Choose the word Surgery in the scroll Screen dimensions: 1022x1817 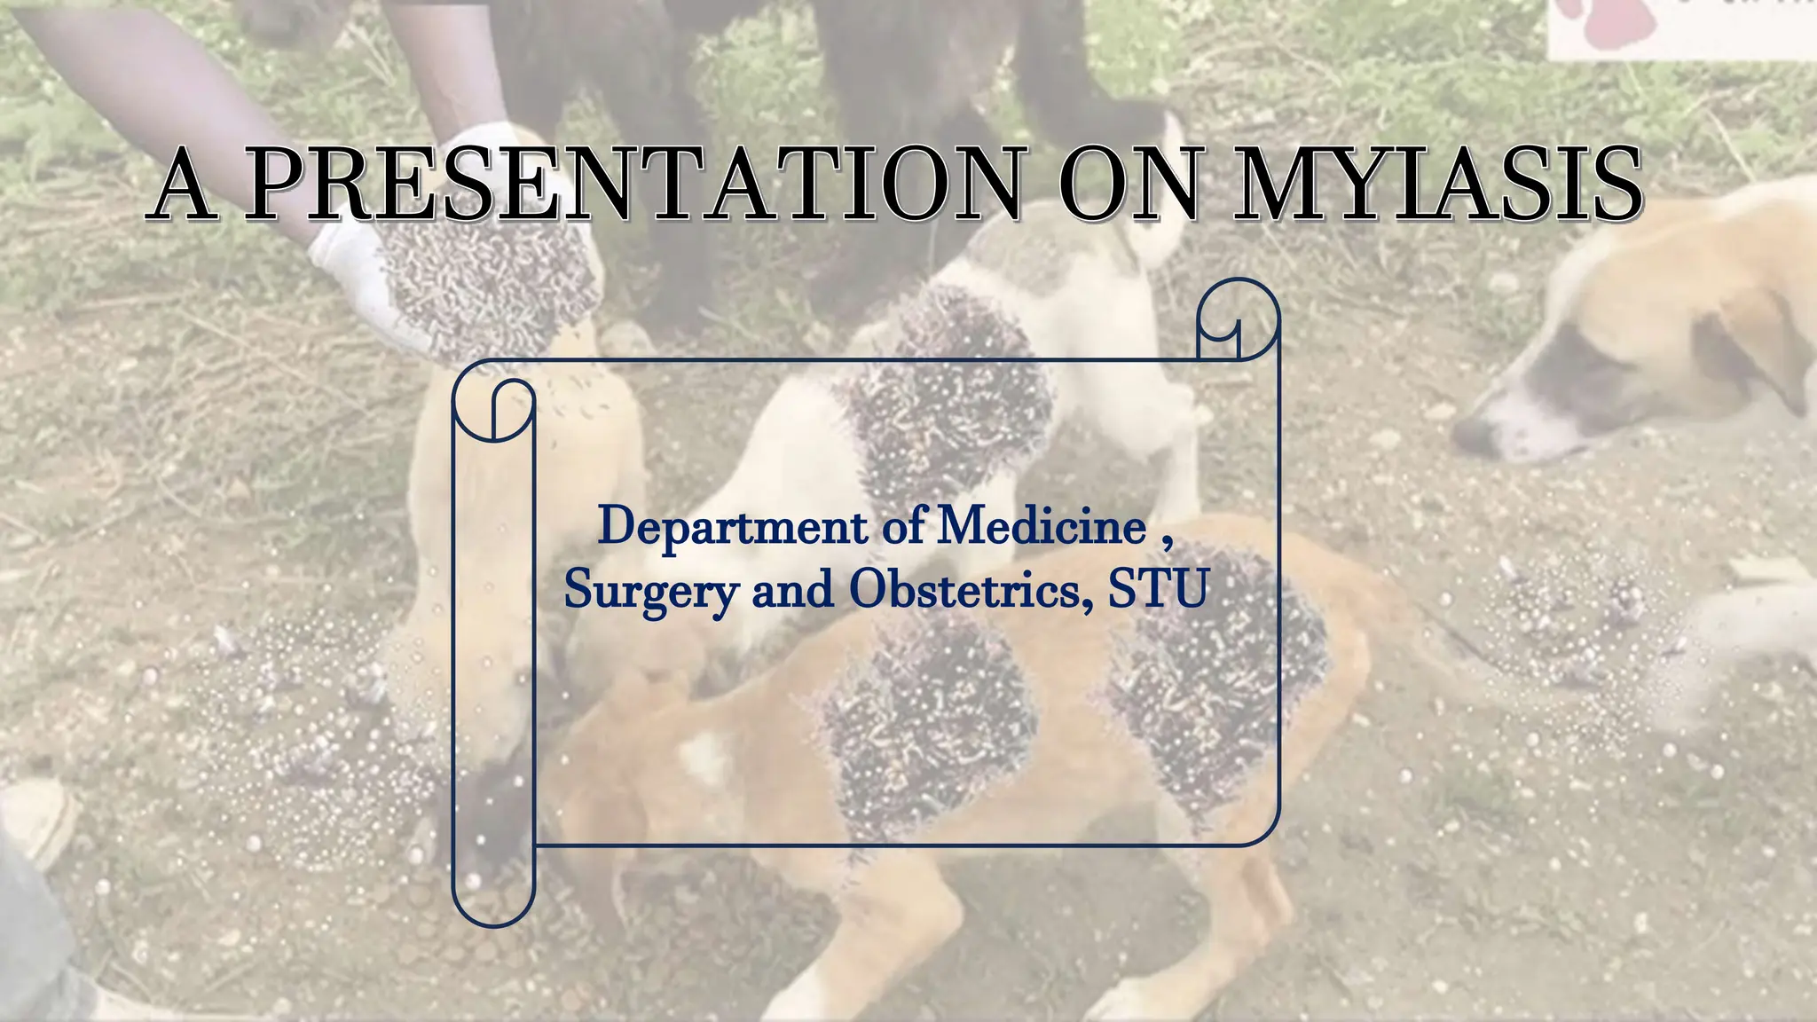(x=650, y=590)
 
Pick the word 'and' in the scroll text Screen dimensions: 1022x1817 (x=792, y=589)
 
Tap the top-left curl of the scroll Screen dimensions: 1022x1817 (x=493, y=409)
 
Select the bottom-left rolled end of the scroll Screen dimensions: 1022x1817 (x=493, y=896)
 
